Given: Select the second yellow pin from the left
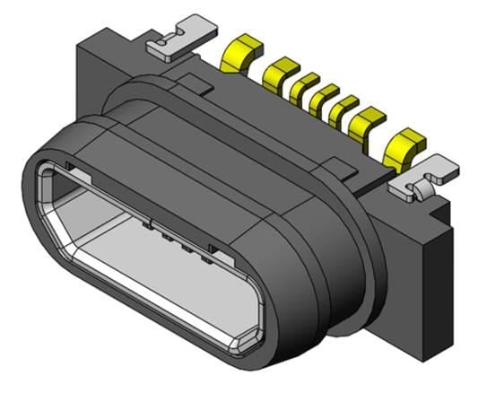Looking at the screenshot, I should pos(281,69).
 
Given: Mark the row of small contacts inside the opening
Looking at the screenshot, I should pos(179,240).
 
